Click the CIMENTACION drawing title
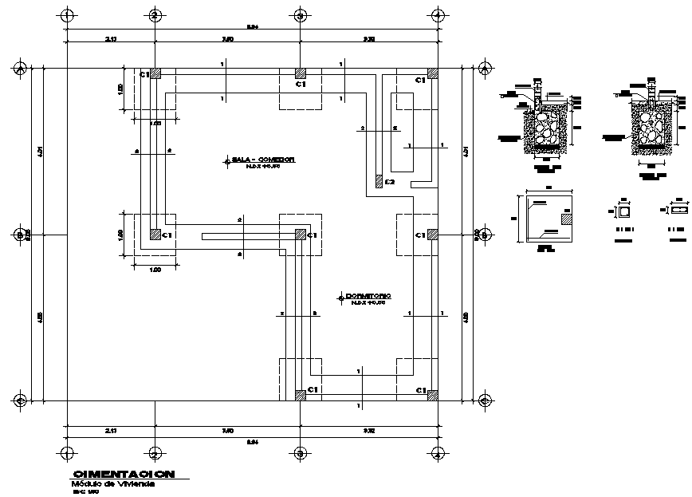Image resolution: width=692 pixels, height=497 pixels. (x=124, y=475)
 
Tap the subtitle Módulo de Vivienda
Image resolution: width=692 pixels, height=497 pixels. (x=113, y=484)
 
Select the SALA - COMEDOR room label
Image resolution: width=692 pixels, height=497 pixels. (x=263, y=160)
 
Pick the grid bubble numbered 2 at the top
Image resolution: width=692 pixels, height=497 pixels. (x=155, y=14)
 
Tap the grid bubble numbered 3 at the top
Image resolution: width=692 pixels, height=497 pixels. (x=300, y=14)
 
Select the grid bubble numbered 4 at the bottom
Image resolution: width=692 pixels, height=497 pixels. (x=437, y=453)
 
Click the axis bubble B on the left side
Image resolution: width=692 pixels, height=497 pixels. (x=21, y=235)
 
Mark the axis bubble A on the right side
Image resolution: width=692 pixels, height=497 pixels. (x=483, y=400)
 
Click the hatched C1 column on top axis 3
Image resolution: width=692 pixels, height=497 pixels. (x=300, y=73)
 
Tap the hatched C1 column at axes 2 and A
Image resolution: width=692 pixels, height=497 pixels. (x=300, y=395)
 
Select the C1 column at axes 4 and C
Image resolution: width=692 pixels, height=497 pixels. (x=432, y=73)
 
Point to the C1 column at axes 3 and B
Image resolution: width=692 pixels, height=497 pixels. (x=300, y=235)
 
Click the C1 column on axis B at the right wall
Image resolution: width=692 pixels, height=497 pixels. (x=432, y=235)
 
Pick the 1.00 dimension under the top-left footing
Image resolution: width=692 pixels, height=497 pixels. (x=155, y=124)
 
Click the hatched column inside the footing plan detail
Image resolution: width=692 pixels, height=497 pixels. (x=566, y=217)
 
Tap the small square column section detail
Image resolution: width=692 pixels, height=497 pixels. (x=623, y=212)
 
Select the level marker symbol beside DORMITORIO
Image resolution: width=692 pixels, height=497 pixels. (x=340, y=298)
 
